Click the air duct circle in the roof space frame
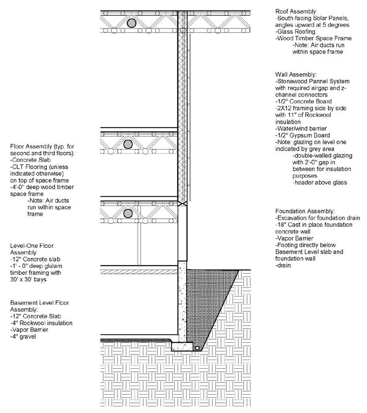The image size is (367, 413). [x=132, y=23]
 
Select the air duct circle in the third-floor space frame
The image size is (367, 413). [x=128, y=145]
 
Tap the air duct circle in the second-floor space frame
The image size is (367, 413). [x=128, y=213]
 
